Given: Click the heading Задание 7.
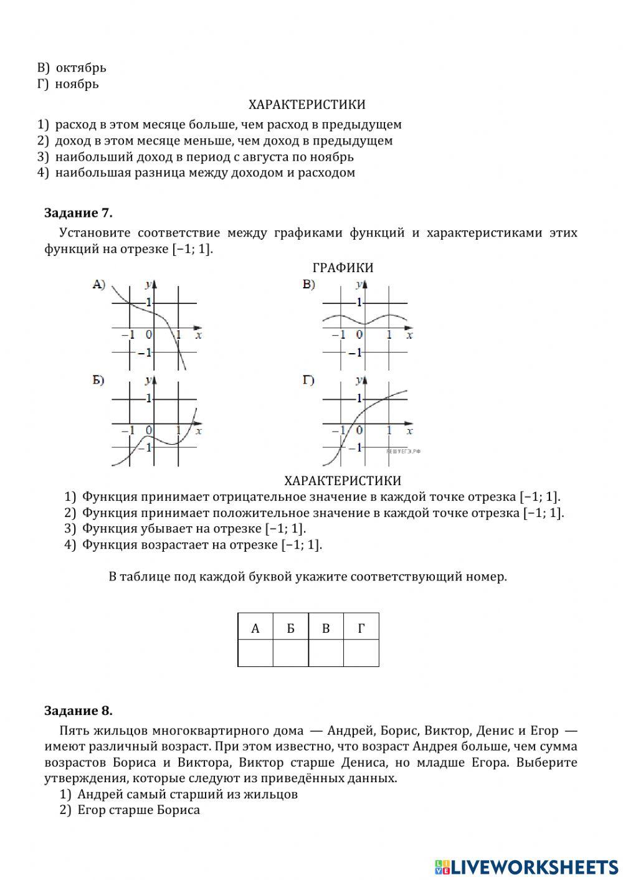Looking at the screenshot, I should coord(78,213).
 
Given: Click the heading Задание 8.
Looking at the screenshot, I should coord(78,711).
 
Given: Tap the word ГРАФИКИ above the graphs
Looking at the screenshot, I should coord(343,268).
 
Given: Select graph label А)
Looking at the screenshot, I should coord(99,285).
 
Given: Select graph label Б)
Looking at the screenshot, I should coord(98,381).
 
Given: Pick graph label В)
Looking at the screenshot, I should coord(309,285).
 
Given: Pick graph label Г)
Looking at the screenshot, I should coord(308,381).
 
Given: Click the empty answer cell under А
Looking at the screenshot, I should coord(255,653).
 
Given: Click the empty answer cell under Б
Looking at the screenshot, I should coord(290,653).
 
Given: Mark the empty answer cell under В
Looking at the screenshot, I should coord(326,653).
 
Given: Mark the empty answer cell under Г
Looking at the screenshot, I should coord(361,653).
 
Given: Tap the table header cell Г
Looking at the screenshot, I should coord(361,628).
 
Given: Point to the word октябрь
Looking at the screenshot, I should coord(81,68).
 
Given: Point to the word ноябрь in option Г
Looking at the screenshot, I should coord(77,84).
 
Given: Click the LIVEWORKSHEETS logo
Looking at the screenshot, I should coord(526,866).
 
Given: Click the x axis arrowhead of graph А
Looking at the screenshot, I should coord(199,328).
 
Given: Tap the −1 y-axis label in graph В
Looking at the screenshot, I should coord(354,353).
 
